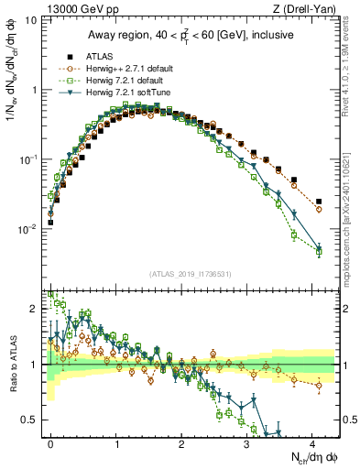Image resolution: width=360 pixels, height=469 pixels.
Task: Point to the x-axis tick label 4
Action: click(312, 443)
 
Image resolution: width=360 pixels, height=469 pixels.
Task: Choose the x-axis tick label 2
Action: click(182, 443)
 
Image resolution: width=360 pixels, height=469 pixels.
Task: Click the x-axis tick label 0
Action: click(51, 443)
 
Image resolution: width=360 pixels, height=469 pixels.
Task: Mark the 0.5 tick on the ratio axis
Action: click(35, 420)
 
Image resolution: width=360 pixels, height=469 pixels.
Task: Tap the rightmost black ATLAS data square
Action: click(319, 202)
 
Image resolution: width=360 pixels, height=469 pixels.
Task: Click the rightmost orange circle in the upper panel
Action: click(319, 209)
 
